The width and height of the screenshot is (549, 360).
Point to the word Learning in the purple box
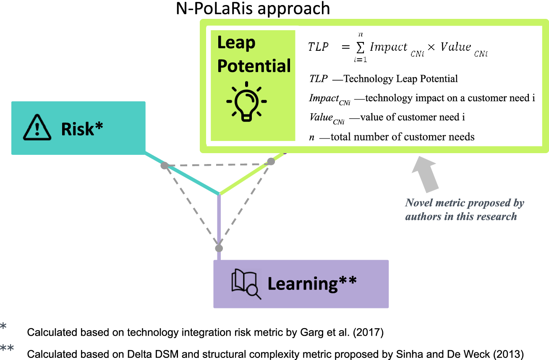303,284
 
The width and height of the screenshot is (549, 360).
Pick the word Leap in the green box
236,43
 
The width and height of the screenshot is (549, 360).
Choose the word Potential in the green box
254,66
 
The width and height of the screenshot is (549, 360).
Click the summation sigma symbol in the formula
360,47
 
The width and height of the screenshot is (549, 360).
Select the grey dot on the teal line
165,166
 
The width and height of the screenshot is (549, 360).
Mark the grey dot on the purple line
219,248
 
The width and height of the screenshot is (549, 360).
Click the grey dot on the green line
271,161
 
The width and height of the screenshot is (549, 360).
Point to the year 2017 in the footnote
370,333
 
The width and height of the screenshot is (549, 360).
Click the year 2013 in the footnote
510,355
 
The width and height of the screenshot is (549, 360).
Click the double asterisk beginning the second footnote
7,349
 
